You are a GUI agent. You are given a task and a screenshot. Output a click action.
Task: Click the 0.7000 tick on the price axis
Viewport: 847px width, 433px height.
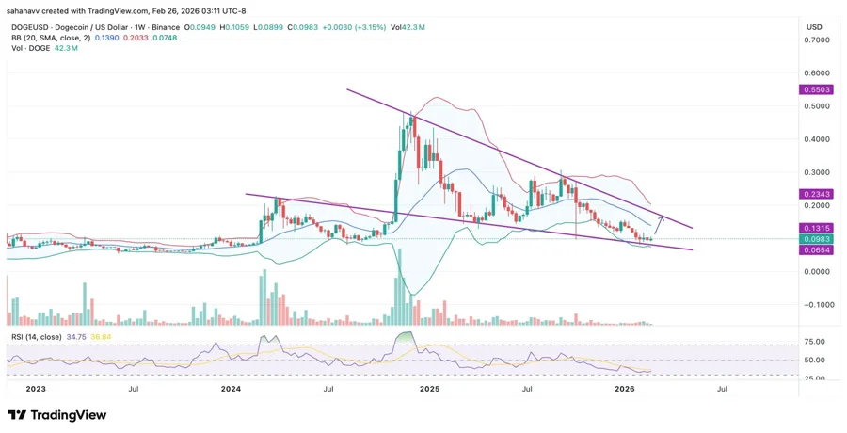(816, 40)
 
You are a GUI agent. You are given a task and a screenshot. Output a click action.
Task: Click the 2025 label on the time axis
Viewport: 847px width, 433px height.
(429, 388)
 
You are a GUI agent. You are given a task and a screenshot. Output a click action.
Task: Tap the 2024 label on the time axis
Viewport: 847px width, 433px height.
(232, 388)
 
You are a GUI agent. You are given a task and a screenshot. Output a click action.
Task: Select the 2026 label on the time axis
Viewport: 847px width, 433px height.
(624, 388)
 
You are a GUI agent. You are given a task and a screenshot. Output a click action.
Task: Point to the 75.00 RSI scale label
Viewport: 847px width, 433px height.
(815, 342)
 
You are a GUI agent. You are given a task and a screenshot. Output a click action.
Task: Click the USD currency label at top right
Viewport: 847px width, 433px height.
(814, 27)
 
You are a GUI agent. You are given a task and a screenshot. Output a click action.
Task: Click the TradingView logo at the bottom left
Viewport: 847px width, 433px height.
(56, 415)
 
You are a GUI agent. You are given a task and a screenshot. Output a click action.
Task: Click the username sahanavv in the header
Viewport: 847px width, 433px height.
(24, 10)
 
